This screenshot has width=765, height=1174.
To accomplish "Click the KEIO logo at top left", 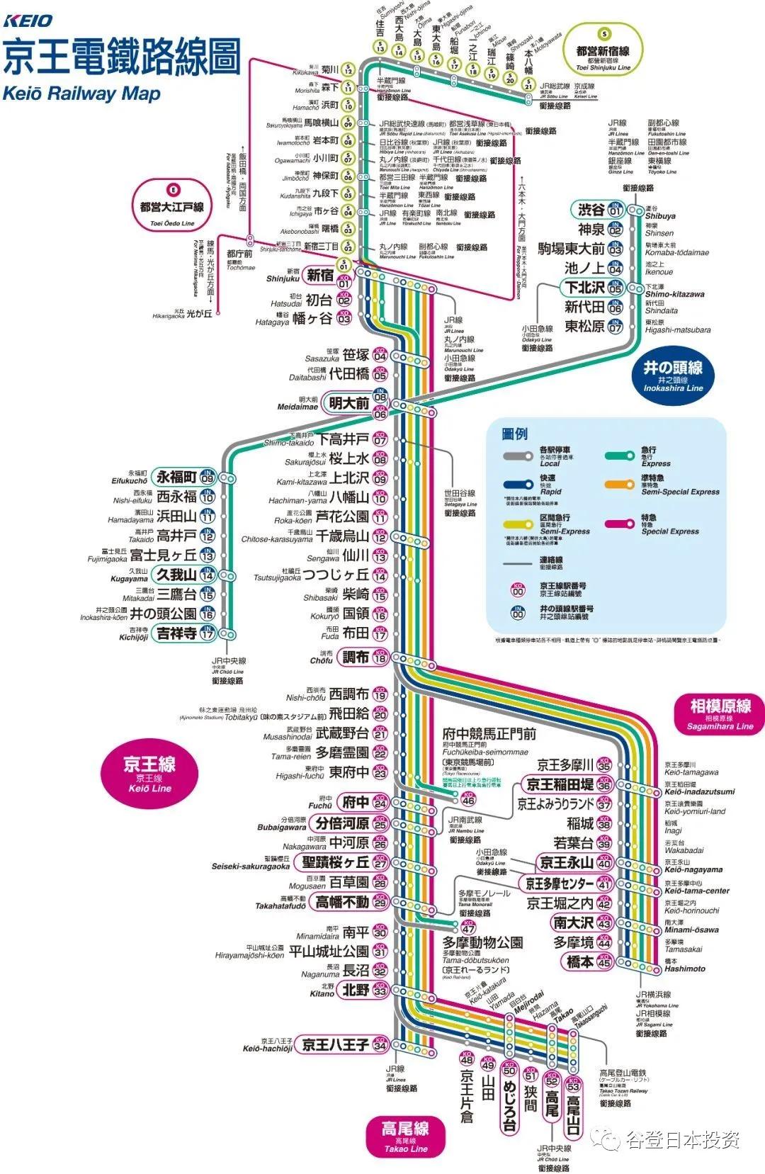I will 28,21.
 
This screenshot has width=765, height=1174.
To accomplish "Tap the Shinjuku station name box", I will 320,275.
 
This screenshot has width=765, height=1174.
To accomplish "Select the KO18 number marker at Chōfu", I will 380,657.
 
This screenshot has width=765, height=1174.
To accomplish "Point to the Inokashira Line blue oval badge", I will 673,375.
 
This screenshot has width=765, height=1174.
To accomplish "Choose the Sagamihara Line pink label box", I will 720,712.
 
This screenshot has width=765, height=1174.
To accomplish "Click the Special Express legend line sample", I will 619,524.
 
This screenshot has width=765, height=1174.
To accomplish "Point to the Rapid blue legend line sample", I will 518,485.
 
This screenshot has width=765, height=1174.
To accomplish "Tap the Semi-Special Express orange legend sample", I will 619,485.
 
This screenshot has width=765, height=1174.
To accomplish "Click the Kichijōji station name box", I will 177,633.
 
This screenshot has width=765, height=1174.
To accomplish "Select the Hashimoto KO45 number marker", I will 604,961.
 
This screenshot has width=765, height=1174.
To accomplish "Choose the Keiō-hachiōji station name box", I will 335,1044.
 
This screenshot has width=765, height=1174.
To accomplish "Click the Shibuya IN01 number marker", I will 615,210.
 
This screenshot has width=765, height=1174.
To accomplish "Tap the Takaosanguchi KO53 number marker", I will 573,1085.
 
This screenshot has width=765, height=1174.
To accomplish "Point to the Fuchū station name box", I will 355,802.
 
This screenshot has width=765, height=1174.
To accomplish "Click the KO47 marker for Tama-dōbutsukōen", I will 469,927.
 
